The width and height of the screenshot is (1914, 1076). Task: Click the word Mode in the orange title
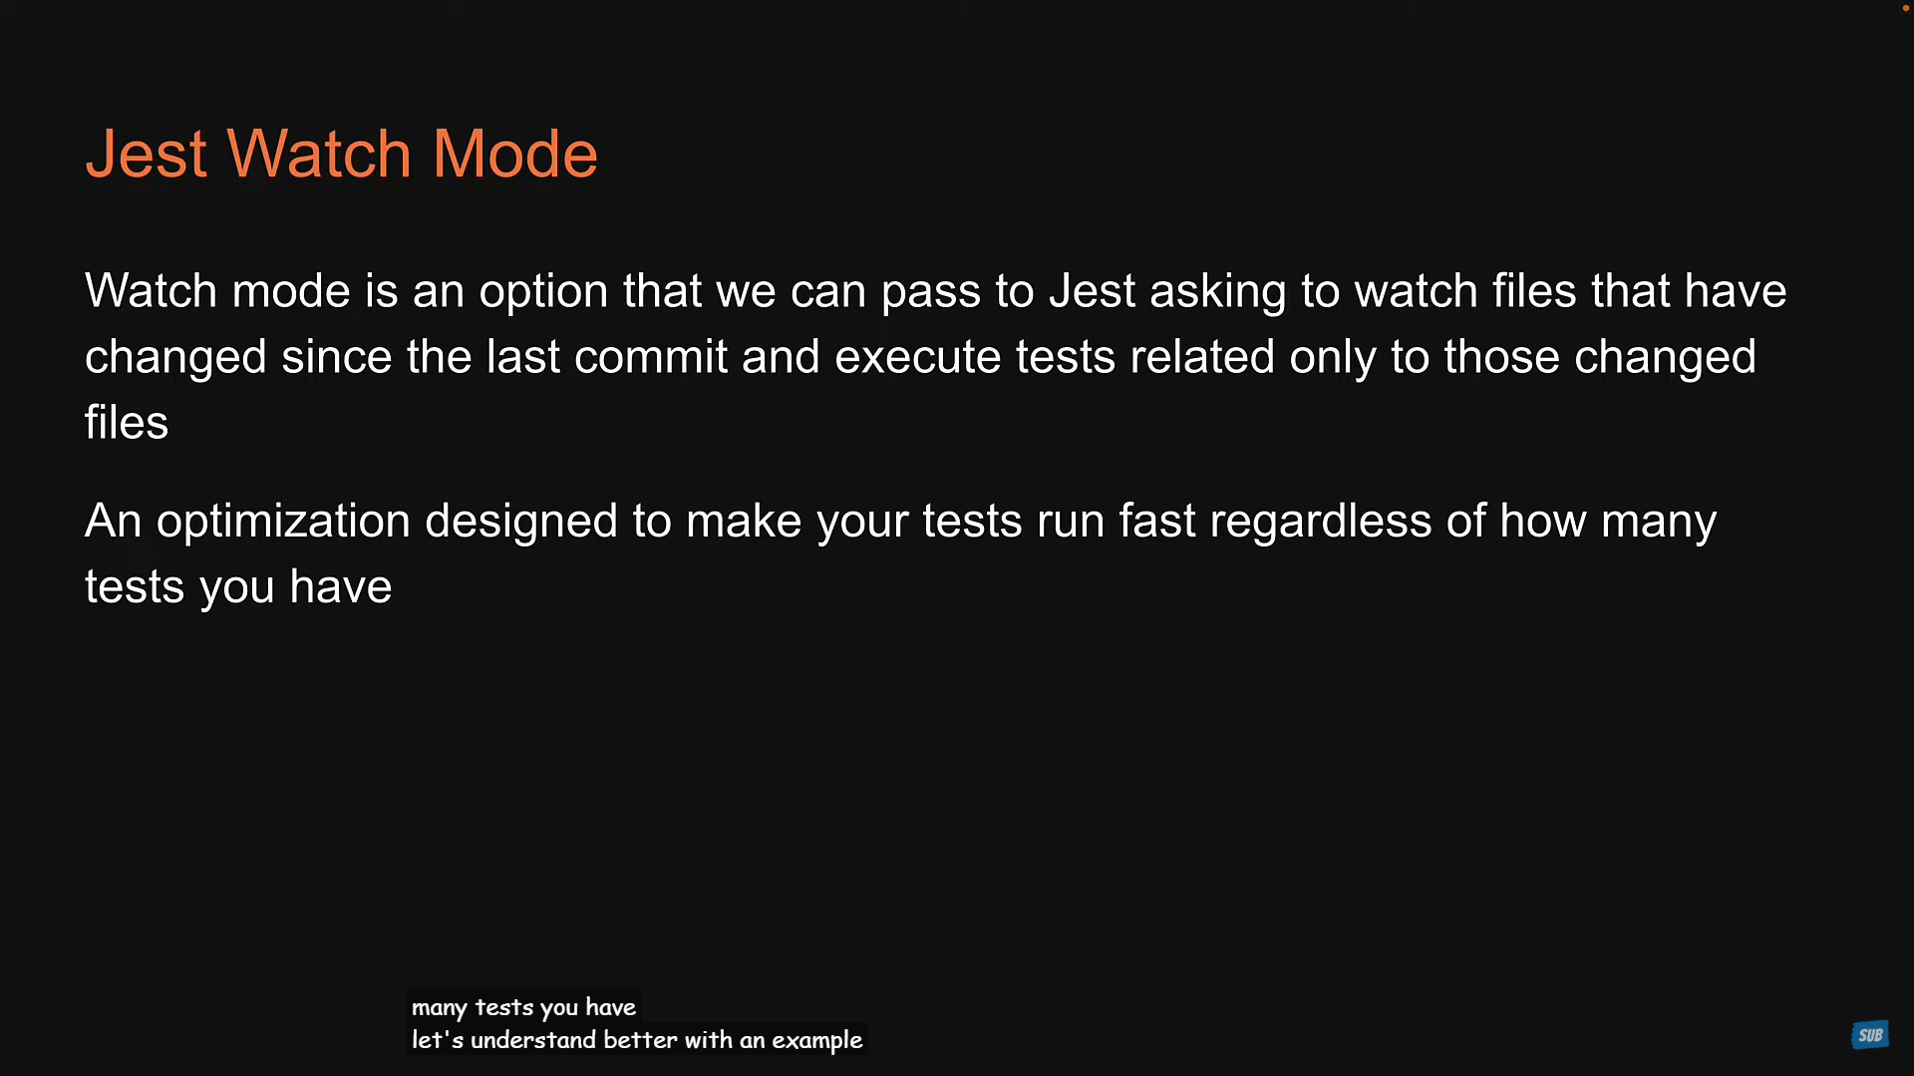(514, 155)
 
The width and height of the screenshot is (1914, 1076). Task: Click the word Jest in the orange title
(147, 155)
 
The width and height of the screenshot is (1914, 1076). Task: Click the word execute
(917, 357)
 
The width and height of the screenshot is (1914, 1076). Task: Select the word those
(1501, 357)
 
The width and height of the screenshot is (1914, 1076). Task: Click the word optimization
(283, 522)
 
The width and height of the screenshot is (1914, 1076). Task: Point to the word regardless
(1321, 522)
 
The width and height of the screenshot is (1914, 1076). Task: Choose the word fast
(1156, 521)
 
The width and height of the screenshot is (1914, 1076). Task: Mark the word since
(336, 357)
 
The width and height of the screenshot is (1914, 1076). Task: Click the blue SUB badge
(1870, 1035)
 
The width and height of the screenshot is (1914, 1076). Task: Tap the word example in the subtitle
(816, 1041)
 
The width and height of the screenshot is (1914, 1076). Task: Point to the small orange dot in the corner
(1906, 8)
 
